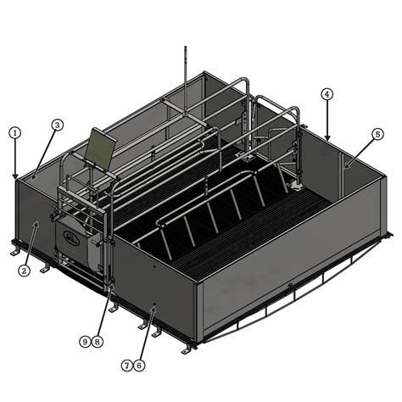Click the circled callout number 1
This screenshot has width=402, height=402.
click(x=14, y=132)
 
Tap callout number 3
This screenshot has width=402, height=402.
click(x=57, y=125)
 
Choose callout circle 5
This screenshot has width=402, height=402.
click(x=377, y=133)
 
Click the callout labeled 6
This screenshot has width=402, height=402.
click(x=139, y=365)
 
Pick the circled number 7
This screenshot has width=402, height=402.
click(x=127, y=365)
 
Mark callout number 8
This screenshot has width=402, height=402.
click(x=98, y=341)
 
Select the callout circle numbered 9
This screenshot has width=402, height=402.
click(x=85, y=341)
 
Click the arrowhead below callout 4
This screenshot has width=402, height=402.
click(x=327, y=137)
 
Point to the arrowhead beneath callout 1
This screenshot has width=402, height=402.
click(x=14, y=176)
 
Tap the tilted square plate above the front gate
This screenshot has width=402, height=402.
click(x=100, y=146)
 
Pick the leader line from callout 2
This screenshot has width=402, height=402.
click(x=31, y=246)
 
